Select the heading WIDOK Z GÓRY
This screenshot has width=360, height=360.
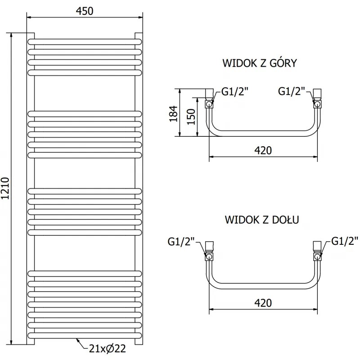coord(260,63)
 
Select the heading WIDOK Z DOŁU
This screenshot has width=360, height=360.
coord(262,220)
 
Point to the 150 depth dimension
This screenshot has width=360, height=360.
coord(191,117)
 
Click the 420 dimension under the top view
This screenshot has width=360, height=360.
coord(263,150)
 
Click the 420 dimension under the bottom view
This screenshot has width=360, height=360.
coord(263,302)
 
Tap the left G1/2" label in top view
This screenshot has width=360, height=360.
coord(235,92)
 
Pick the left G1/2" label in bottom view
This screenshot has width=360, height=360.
coord(181,242)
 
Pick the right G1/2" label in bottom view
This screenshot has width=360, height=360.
coord(345,241)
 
